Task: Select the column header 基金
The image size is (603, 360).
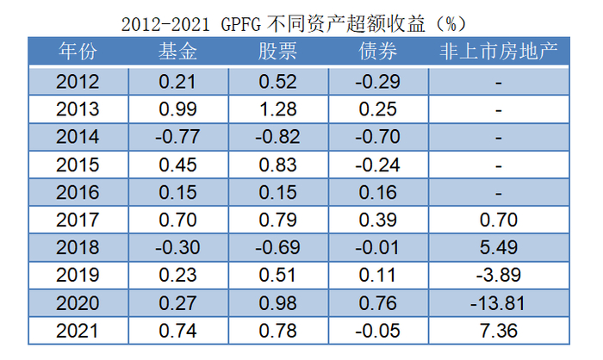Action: [178, 52]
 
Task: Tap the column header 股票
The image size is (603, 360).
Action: [277, 52]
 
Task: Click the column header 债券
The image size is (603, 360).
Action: [377, 52]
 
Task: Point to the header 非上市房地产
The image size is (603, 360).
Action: [499, 52]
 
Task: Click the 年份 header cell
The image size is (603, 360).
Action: [78, 52]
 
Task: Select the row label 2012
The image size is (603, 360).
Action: [78, 83]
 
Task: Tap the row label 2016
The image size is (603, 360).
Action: [78, 193]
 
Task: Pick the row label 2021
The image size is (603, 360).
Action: [78, 331]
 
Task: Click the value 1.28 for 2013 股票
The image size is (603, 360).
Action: [277, 110]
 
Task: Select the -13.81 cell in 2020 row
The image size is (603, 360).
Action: [499, 303]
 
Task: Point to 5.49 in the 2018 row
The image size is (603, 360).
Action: [499, 248]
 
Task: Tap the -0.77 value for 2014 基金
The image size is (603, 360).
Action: [178, 138]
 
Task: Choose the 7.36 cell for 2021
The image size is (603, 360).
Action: [499, 331]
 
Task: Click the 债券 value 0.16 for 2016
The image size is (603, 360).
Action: [377, 193]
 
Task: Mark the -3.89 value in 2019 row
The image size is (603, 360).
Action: [499, 276]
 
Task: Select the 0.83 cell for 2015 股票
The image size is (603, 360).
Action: [277, 165]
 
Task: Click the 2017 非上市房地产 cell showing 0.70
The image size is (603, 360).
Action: [499, 220]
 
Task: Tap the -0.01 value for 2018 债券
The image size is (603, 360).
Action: [377, 248]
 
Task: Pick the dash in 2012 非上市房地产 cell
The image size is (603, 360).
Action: [499, 84]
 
